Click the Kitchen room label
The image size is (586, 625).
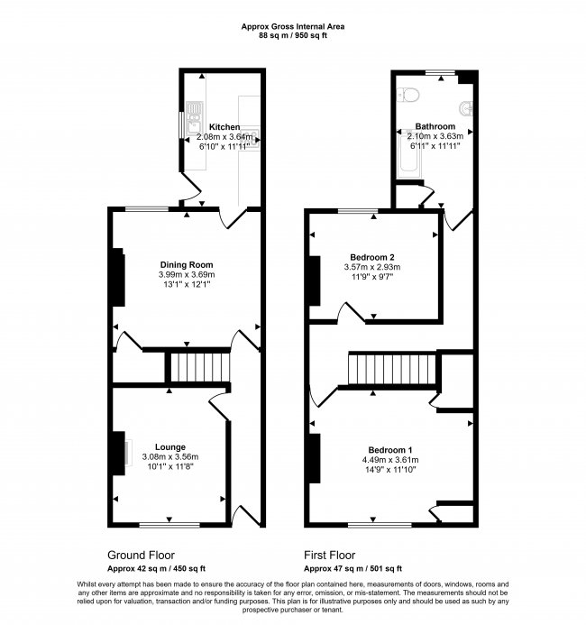pos(224,127)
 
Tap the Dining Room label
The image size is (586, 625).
pos(187,264)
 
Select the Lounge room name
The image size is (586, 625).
pos(170,447)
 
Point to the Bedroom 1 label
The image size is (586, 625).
pos(390,450)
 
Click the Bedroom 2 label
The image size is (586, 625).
pos(372,257)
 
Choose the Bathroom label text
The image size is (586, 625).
pos(435,126)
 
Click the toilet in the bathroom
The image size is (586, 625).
pos(407,96)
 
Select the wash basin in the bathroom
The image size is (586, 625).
pos(466,108)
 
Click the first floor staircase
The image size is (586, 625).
pos(392,370)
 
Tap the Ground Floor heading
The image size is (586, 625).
pos(141,555)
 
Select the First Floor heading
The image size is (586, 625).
pos(329,555)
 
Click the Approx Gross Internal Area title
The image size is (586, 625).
pos(293,27)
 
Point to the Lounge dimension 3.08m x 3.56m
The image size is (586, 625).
pos(170,457)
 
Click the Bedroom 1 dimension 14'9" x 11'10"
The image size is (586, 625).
pos(390,470)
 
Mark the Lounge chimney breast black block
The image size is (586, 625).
pos(119,454)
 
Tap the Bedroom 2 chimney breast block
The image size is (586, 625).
pos(315,280)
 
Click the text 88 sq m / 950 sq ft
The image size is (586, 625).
pos(293,35)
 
